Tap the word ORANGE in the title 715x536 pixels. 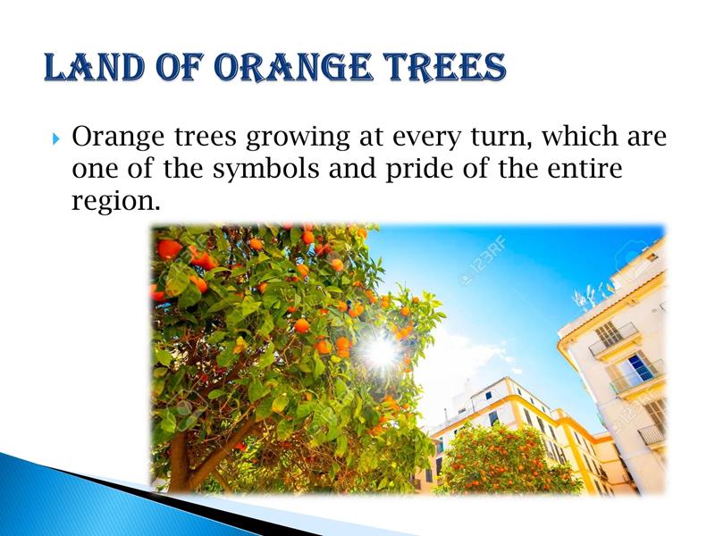coord(292,67)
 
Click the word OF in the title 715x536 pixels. coord(181,67)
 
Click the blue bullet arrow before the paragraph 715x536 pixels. coord(55,138)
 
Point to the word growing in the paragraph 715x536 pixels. coord(298,138)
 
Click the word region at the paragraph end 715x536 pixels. coord(116,201)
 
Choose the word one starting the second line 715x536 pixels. coord(95,170)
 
